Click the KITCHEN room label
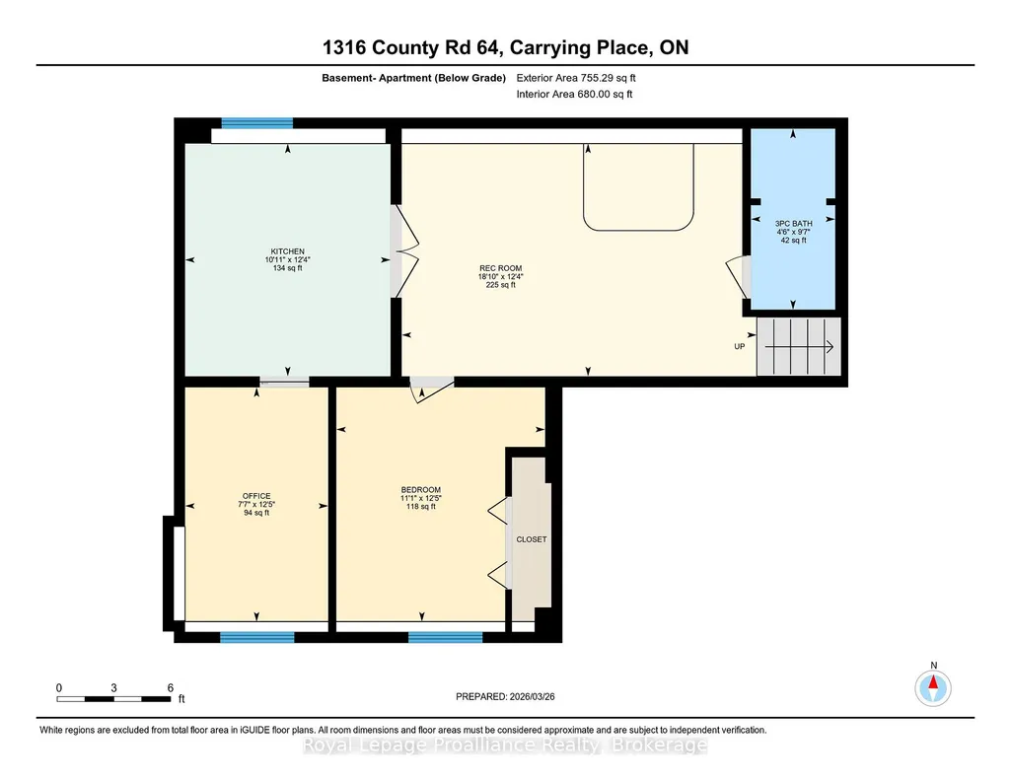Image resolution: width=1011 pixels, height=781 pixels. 288,251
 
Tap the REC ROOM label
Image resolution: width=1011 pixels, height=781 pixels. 500,268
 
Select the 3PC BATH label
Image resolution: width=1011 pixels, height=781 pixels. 794,224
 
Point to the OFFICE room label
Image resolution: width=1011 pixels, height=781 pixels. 256,496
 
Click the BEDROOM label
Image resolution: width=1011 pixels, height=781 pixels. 421,490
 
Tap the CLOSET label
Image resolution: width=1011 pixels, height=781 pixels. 532,539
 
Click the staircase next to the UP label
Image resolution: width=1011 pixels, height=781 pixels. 799,347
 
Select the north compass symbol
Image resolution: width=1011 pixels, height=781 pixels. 933,687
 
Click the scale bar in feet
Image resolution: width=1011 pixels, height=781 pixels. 113,698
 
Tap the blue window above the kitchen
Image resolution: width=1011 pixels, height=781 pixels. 257,123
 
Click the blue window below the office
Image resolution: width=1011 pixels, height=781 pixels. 257,637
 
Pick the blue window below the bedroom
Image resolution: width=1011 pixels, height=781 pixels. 446,637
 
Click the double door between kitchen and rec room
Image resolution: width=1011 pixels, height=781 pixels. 405,251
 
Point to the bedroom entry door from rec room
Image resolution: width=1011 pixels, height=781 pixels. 433,390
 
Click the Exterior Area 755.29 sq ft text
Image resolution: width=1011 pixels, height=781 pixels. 576,78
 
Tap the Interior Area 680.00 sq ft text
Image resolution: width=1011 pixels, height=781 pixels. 574,94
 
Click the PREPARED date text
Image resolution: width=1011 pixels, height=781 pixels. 505,696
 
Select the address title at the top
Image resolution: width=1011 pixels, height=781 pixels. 505,47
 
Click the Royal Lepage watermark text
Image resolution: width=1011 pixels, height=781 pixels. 505,745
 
